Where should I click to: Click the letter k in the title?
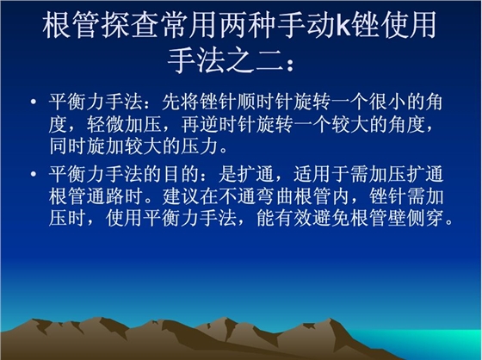pos(339,27)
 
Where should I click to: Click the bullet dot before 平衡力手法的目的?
pos(32,176)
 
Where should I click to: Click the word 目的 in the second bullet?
pos(199,176)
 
